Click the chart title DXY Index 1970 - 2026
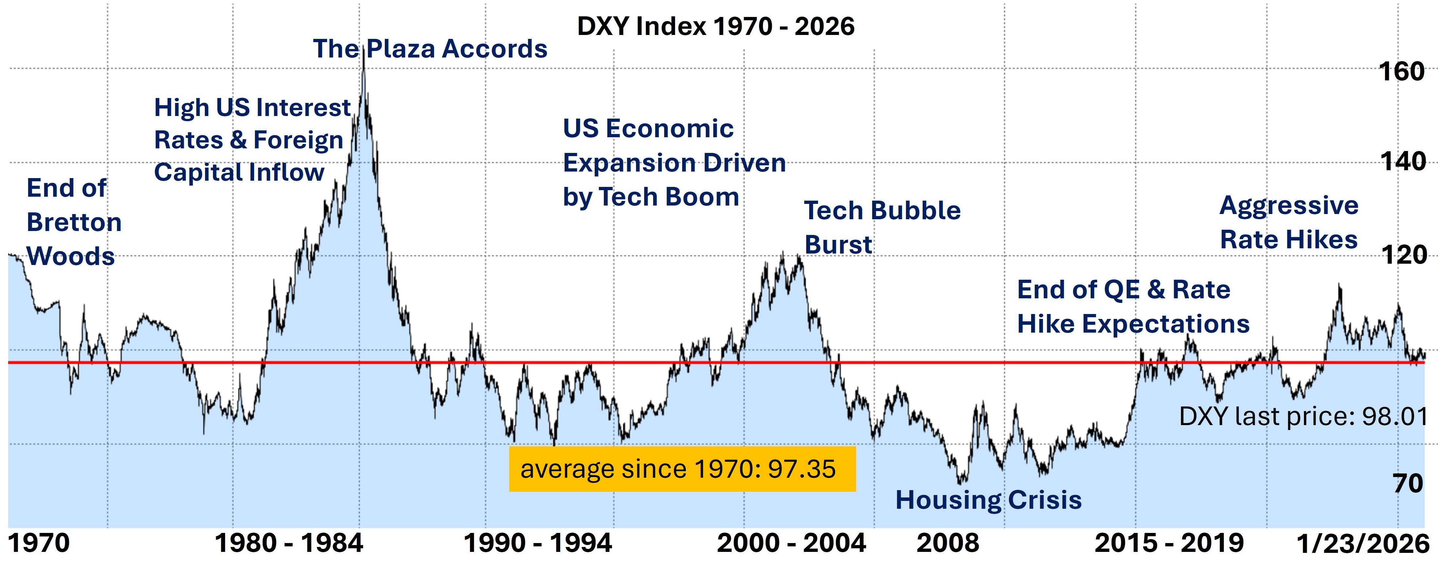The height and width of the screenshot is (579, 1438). click(715, 26)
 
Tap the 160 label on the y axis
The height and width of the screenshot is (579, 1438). click(1401, 72)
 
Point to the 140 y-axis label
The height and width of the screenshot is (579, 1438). click(1402, 162)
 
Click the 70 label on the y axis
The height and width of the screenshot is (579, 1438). click(1408, 483)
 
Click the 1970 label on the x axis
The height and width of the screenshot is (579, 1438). click(39, 543)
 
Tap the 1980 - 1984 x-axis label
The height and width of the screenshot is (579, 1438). click(288, 543)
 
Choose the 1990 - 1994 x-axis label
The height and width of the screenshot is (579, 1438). click(538, 543)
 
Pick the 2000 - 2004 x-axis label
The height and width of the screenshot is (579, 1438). click(791, 543)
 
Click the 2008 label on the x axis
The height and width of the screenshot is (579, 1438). click(947, 543)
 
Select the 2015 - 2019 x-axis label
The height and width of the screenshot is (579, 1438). click(1169, 543)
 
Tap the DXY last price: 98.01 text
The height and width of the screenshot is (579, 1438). click(1303, 417)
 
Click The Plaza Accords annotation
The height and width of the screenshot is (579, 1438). click(430, 49)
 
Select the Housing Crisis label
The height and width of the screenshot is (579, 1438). click(988, 500)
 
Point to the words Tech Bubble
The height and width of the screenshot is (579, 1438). click(882, 211)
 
